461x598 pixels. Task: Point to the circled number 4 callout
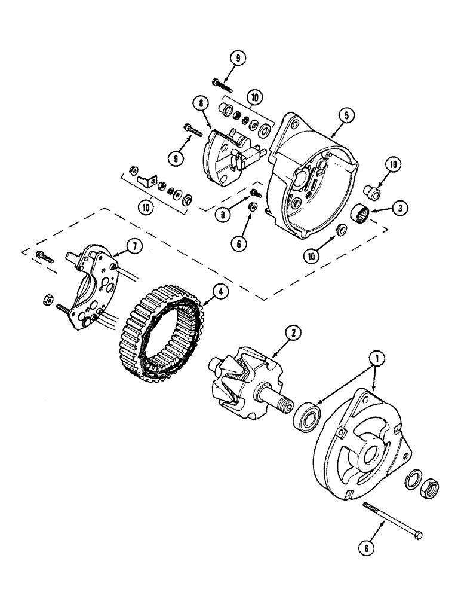[220, 292]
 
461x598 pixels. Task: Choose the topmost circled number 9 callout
[237, 57]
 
